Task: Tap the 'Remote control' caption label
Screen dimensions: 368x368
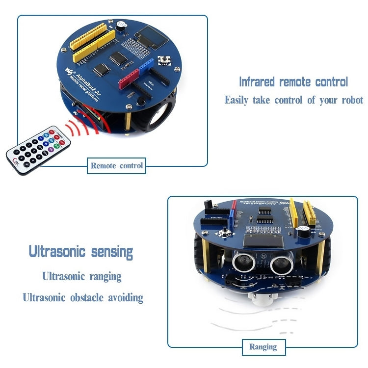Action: point(117,166)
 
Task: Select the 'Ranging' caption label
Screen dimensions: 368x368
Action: point(263,347)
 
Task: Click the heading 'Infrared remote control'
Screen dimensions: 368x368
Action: point(293,81)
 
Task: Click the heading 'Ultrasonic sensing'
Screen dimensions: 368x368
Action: point(81,252)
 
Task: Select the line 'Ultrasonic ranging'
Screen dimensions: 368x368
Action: point(81,276)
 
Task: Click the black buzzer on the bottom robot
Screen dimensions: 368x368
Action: point(303,231)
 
